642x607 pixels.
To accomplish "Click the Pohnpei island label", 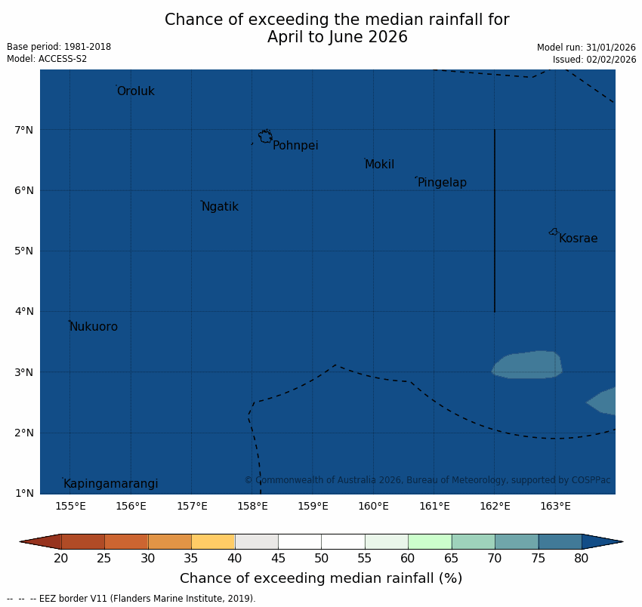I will [x=295, y=146].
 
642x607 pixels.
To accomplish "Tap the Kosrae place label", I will [x=578, y=239].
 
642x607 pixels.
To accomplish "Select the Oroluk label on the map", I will [x=135, y=91].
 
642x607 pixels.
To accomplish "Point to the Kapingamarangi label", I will [x=110, y=484].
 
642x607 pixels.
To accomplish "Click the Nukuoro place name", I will [x=94, y=327].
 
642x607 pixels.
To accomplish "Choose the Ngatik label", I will [x=220, y=207].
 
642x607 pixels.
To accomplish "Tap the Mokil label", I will [x=379, y=165].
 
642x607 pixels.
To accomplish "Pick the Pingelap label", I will [x=442, y=183].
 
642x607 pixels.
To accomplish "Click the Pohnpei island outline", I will [x=265, y=137].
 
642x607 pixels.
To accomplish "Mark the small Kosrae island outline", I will [x=554, y=232].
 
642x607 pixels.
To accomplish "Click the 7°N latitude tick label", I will [x=24, y=130].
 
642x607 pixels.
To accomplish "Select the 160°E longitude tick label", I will [x=373, y=506].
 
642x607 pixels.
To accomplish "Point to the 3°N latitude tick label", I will [x=24, y=372].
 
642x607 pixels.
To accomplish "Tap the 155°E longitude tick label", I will [x=70, y=506].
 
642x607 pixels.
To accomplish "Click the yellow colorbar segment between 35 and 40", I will [x=213, y=541].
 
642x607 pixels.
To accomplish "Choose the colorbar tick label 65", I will [x=452, y=559].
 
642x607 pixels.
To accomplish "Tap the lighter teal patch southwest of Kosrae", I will [x=527, y=365].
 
